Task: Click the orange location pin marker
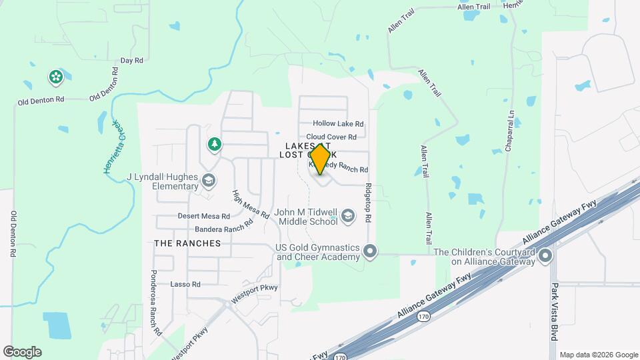[x=320, y=159]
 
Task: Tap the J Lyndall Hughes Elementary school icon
[x=209, y=181]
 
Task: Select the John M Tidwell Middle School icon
[x=347, y=216]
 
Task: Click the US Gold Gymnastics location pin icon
[x=371, y=252]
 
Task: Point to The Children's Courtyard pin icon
[x=546, y=256]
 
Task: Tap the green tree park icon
[x=214, y=143]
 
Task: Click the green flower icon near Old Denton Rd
[x=56, y=77]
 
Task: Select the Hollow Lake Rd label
[x=338, y=124]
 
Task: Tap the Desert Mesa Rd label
[x=203, y=216]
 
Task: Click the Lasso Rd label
[x=185, y=284]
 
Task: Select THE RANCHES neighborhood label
[x=187, y=243]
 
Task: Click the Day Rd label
[x=131, y=61]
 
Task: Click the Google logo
[x=22, y=352]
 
